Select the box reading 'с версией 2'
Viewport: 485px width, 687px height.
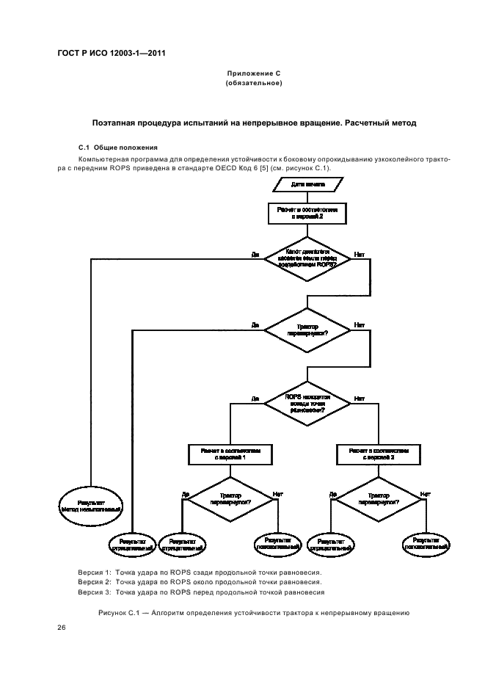pos(307,213)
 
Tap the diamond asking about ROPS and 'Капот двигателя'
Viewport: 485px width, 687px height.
pos(307,259)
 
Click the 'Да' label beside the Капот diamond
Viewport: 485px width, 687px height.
pos(255,255)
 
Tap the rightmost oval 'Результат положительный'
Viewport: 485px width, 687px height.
pos(426,543)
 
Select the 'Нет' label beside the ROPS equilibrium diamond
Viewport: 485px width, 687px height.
pos(360,399)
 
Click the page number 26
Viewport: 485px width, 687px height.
pos(62,628)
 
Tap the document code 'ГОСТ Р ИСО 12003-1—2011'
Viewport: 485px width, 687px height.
pos(110,54)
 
